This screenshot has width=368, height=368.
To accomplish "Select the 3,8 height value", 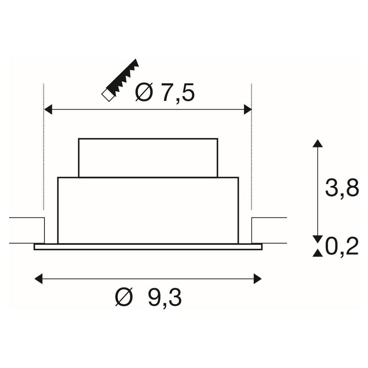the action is coord(342,188).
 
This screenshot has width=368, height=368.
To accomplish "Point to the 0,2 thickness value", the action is coord(342,247).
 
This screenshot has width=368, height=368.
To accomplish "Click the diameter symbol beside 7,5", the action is coord(144,92).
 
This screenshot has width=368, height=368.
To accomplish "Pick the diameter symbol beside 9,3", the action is coord(124,297).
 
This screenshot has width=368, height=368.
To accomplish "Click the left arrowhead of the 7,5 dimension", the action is coord(48,110).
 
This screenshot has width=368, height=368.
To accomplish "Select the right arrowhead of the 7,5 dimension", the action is coord(248,110).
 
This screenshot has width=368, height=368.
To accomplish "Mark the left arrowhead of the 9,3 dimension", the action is coord(39,279).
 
